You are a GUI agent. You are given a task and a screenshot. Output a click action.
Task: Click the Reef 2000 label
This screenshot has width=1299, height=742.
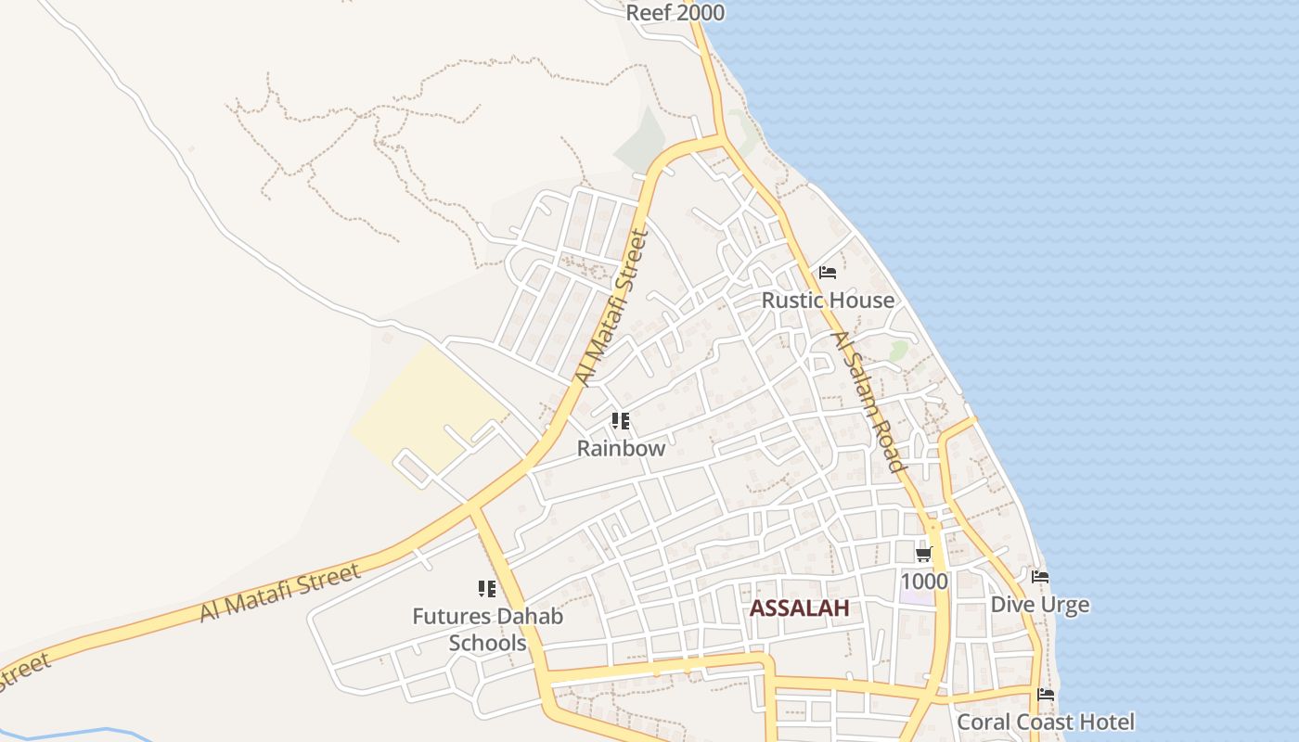(675, 13)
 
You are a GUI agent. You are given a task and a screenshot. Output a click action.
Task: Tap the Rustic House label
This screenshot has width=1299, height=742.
(828, 301)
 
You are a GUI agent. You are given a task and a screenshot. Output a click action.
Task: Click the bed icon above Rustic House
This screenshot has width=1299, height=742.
(828, 273)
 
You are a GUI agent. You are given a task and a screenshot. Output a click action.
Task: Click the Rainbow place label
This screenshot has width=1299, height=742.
(621, 449)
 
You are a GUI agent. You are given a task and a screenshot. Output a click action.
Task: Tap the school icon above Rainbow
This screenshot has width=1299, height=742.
(621, 422)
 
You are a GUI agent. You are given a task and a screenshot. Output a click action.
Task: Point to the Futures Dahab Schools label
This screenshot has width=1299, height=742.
(487, 629)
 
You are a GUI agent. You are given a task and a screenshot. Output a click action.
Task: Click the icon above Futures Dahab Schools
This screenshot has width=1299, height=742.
(487, 589)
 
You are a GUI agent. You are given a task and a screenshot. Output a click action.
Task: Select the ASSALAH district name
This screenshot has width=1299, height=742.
(799, 608)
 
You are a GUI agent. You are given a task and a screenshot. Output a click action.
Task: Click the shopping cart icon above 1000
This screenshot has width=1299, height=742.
(923, 554)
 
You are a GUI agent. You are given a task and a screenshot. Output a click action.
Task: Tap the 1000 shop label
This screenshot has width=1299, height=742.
(924, 582)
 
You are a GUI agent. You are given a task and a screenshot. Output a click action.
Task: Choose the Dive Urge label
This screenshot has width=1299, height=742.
(1039, 605)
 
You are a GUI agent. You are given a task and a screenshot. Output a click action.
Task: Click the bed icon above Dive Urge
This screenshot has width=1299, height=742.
(1040, 577)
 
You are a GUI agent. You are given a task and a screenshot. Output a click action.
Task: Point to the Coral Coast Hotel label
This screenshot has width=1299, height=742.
(1045, 722)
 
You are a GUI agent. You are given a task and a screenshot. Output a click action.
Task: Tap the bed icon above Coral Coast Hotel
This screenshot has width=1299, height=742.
(1046, 694)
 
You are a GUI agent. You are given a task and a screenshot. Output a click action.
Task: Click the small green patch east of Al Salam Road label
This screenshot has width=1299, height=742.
(898, 351)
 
